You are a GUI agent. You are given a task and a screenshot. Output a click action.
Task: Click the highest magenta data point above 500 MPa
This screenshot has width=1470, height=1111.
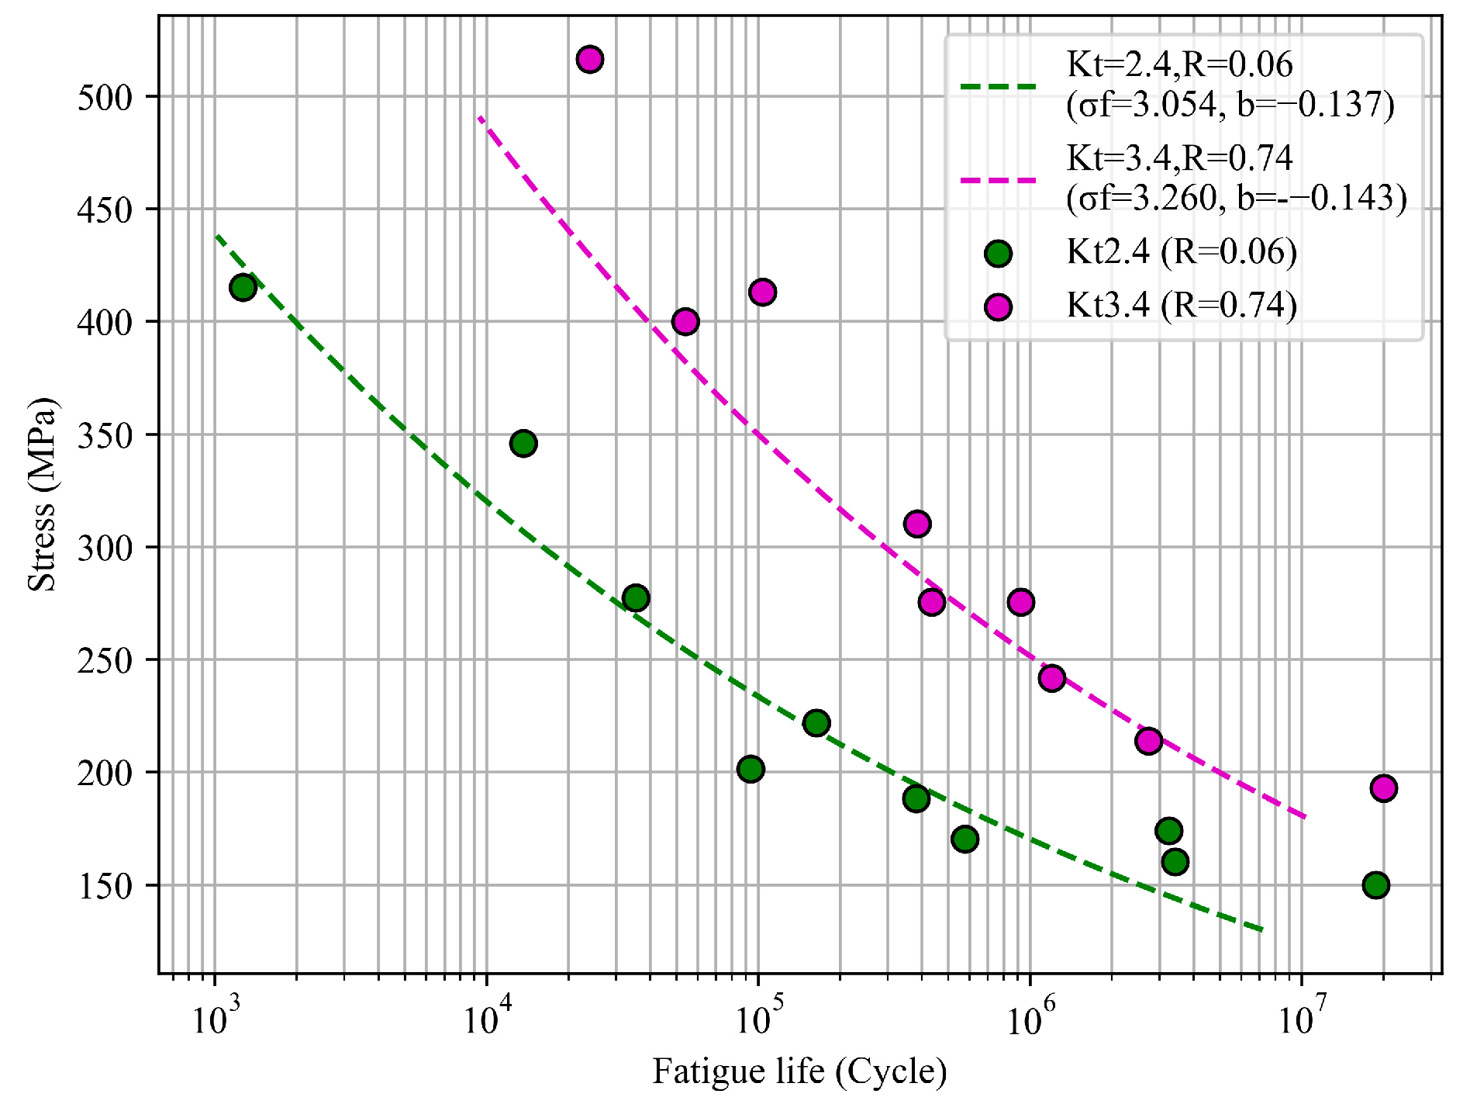590,59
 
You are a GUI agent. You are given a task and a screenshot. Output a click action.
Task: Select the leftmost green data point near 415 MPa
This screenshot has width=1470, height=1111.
243,287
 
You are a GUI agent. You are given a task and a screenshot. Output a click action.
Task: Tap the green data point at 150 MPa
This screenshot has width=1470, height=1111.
1376,884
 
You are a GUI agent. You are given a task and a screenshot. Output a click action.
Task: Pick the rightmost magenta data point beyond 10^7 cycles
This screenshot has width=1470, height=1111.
1384,788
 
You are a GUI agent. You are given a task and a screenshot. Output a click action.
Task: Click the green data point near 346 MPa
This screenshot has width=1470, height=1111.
523,444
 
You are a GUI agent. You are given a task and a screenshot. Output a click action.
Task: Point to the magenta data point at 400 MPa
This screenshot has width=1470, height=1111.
685,321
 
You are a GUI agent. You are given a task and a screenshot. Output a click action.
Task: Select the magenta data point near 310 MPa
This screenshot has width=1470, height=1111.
917,524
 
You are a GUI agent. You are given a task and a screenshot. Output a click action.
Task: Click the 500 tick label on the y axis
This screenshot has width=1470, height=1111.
105,98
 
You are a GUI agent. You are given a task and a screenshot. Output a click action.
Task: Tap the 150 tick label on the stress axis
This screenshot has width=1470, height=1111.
105,886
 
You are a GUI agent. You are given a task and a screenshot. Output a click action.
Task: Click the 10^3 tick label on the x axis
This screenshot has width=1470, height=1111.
214,1019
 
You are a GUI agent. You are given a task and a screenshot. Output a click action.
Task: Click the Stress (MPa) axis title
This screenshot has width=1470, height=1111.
42,494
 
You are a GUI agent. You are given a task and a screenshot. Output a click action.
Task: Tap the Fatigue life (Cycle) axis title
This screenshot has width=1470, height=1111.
799,1071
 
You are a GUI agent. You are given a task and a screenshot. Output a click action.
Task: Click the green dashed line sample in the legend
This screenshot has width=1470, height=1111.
998,85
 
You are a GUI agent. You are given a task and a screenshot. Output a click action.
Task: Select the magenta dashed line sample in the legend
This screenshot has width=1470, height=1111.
998,180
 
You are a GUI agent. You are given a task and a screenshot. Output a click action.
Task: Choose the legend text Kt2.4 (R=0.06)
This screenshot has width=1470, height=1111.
1182,252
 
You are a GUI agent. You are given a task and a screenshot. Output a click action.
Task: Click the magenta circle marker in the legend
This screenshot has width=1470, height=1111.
998,307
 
